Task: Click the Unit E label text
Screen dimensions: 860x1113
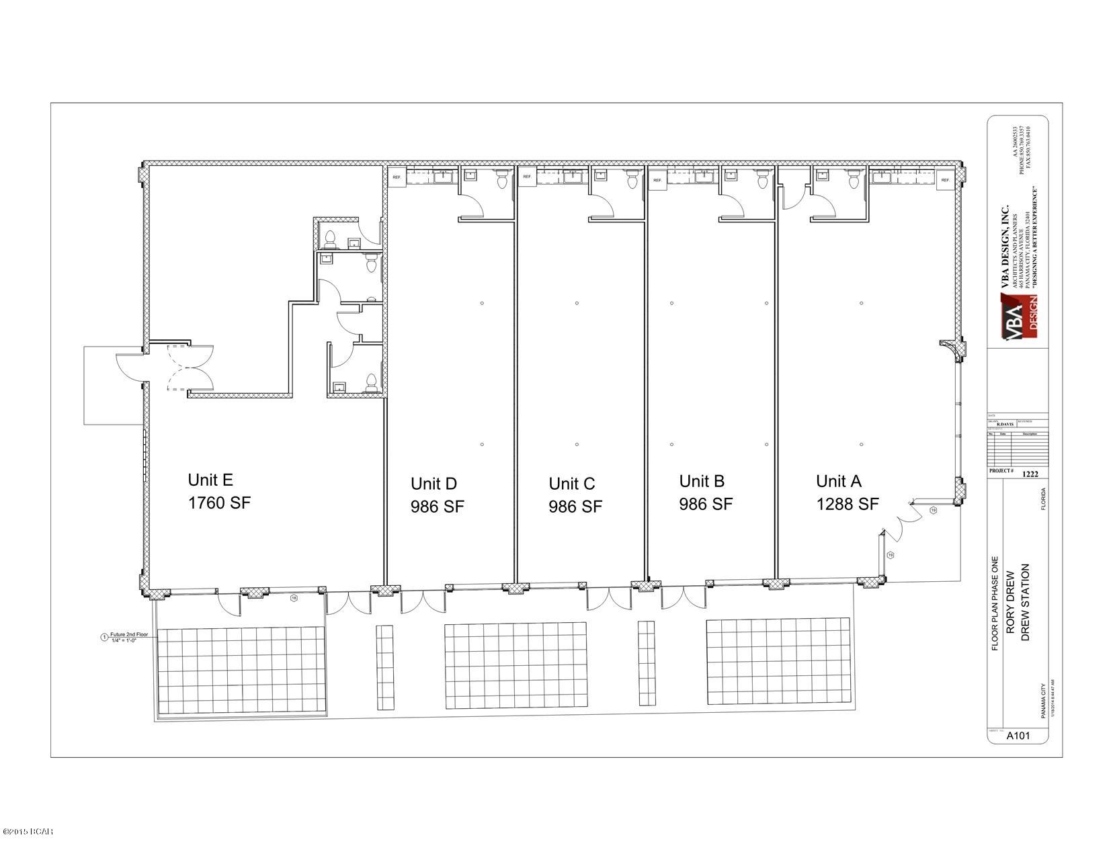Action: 210,480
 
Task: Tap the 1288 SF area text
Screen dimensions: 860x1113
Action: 848,504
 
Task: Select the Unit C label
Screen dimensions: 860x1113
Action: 571,483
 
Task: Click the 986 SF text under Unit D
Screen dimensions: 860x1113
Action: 437,507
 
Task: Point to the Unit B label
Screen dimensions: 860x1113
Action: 702,481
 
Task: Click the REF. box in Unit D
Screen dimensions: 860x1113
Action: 396,177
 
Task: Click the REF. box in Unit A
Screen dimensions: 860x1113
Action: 945,180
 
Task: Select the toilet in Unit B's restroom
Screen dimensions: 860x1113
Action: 763,180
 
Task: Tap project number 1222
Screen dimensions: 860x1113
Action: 1030,473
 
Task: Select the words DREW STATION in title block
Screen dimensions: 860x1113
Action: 1025,603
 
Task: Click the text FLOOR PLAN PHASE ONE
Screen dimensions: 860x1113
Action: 995,603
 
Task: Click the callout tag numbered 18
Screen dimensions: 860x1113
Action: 293,597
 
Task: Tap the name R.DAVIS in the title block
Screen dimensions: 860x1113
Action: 1005,423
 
